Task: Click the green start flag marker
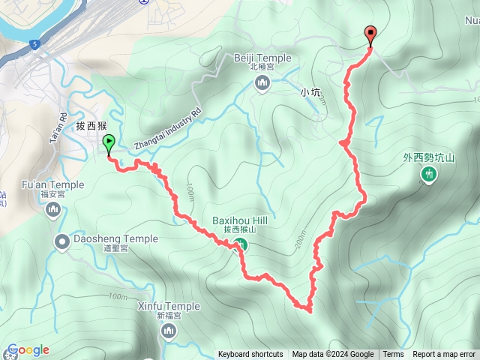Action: (109, 142)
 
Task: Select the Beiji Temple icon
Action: (262, 83)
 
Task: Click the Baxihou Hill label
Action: (240, 220)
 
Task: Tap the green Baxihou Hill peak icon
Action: (240, 244)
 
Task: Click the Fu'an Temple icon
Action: (53, 209)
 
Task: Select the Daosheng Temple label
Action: (115, 239)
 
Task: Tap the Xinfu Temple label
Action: (169, 306)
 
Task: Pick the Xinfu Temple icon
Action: (169, 331)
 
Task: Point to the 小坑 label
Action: (310, 92)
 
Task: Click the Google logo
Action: (28, 349)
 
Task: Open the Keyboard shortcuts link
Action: (250, 355)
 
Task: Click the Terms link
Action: (393, 355)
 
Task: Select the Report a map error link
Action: (444, 355)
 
